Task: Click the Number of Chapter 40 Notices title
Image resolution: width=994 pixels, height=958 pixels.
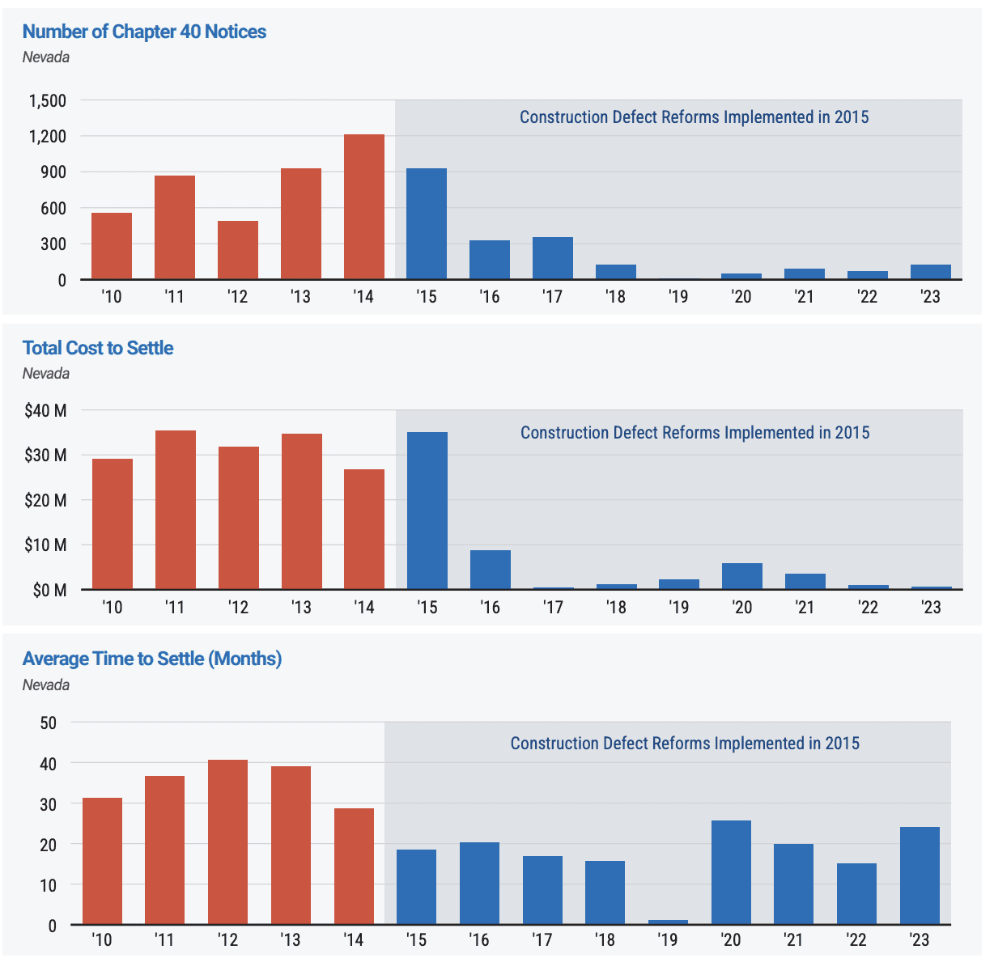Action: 144,32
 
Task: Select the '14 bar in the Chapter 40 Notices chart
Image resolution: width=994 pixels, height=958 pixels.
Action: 364,207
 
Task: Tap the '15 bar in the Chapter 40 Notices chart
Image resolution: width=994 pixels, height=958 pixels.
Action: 427,224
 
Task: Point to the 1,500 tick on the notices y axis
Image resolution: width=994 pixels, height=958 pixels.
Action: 48,101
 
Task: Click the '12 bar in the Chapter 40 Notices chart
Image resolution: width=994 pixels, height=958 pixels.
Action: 238,250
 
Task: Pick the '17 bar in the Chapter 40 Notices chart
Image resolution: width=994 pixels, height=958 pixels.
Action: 553,258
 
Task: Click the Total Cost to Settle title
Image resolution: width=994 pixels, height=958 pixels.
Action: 98,348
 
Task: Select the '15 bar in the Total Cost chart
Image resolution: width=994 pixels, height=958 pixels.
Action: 427,511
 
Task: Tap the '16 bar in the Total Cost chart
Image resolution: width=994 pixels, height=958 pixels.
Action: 491,570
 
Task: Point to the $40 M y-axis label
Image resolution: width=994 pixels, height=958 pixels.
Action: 45,411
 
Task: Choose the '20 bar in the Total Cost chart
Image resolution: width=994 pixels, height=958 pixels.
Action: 742,576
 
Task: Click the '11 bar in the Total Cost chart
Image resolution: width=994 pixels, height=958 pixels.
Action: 176,510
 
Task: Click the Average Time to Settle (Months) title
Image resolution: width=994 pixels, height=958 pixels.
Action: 152,659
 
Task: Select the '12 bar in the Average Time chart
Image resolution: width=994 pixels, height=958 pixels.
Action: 227,841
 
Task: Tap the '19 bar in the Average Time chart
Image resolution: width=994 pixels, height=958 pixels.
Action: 668,922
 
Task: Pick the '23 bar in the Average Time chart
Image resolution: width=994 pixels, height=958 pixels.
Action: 920,875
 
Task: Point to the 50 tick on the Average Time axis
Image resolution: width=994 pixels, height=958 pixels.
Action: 49,723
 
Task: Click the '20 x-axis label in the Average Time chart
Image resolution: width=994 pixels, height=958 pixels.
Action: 731,940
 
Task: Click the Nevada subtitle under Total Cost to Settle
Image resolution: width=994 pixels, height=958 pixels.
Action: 46,374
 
